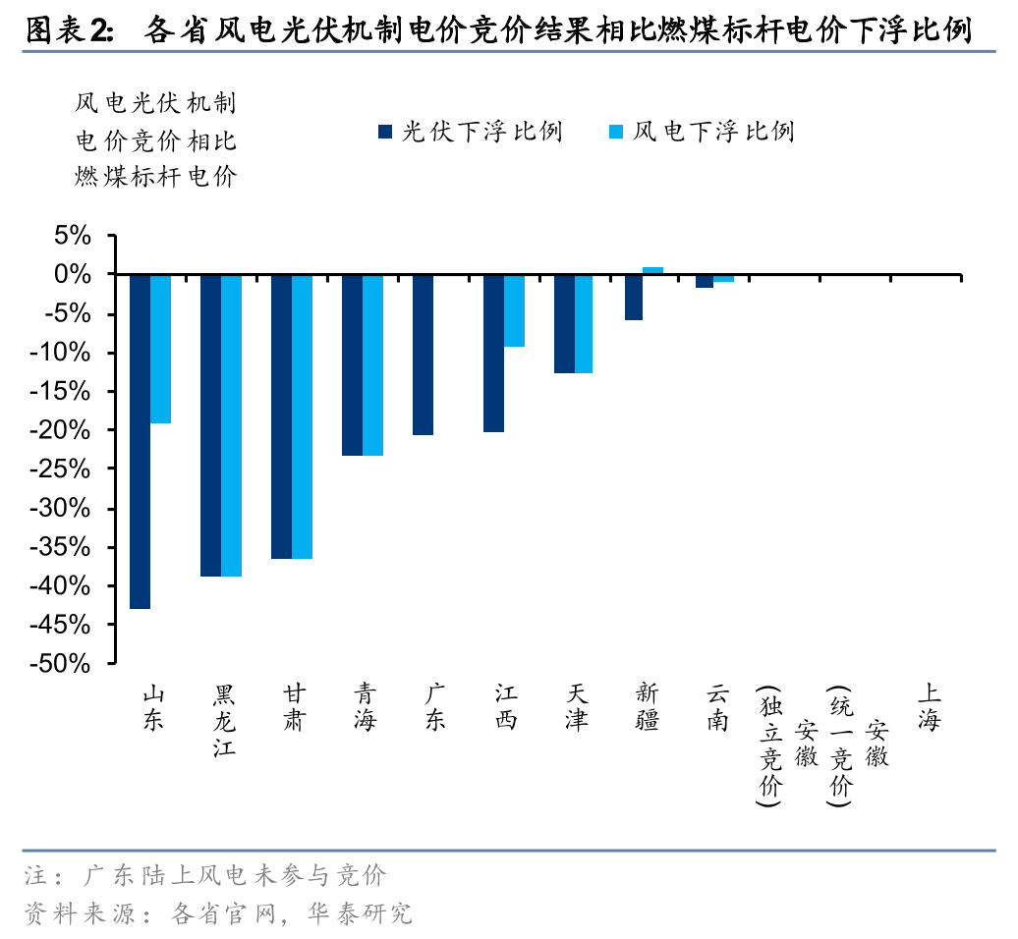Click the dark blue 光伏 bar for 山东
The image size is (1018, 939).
click(140, 441)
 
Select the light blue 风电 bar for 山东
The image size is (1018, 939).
click(161, 349)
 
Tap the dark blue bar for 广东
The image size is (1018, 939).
click(423, 355)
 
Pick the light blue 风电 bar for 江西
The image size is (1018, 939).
click(515, 310)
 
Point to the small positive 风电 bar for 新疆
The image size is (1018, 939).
click(653, 270)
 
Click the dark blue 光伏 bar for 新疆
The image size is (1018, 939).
click(634, 297)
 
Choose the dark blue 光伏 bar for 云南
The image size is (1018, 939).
click(705, 281)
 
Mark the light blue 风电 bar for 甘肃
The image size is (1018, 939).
click(303, 416)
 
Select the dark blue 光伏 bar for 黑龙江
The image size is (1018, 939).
click(210, 425)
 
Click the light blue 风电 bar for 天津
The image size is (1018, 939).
click(584, 324)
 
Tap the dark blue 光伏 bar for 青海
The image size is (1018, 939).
click(352, 364)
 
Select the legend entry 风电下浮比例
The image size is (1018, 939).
click(702, 132)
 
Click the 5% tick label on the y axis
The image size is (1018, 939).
click(73, 236)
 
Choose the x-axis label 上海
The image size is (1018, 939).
click(930, 708)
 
